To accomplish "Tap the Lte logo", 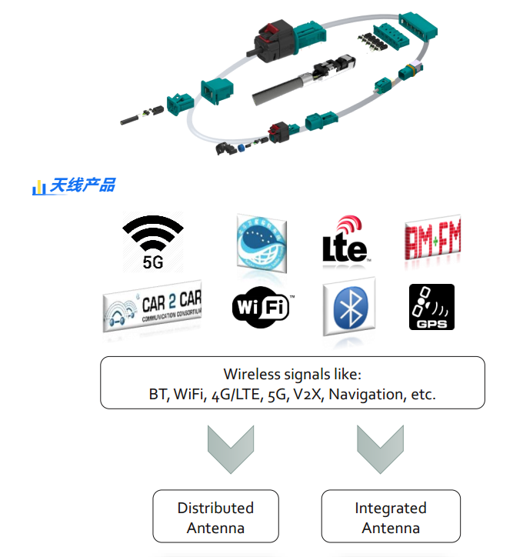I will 345,240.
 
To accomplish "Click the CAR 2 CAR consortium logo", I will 152,307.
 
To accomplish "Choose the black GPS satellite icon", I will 431,307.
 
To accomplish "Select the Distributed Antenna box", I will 215,517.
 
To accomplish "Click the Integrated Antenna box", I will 391,517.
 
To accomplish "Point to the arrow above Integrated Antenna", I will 380,449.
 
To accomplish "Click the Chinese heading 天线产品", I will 83,185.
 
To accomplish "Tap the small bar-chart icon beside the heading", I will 39,187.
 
